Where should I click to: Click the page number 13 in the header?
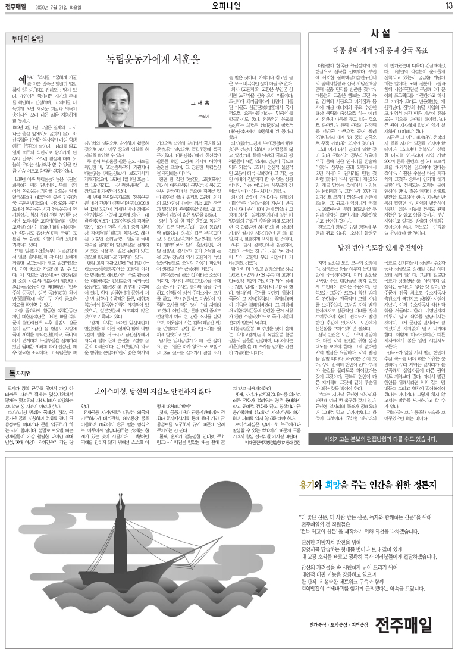click(x=448, y=6)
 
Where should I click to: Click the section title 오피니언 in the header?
click(x=228, y=6)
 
